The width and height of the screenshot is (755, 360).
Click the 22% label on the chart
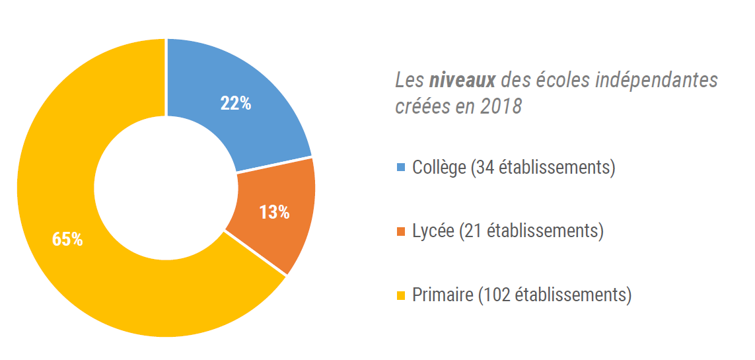click(x=235, y=104)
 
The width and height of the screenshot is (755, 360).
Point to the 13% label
click(x=274, y=213)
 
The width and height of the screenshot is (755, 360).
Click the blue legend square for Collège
click(x=401, y=168)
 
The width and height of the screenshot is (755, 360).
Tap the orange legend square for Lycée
click(x=401, y=231)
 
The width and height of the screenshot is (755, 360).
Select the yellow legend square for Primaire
click(x=401, y=295)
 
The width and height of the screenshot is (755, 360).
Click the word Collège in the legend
click(x=439, y=168)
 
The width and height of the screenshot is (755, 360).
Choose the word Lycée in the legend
click(x=433, y=231)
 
